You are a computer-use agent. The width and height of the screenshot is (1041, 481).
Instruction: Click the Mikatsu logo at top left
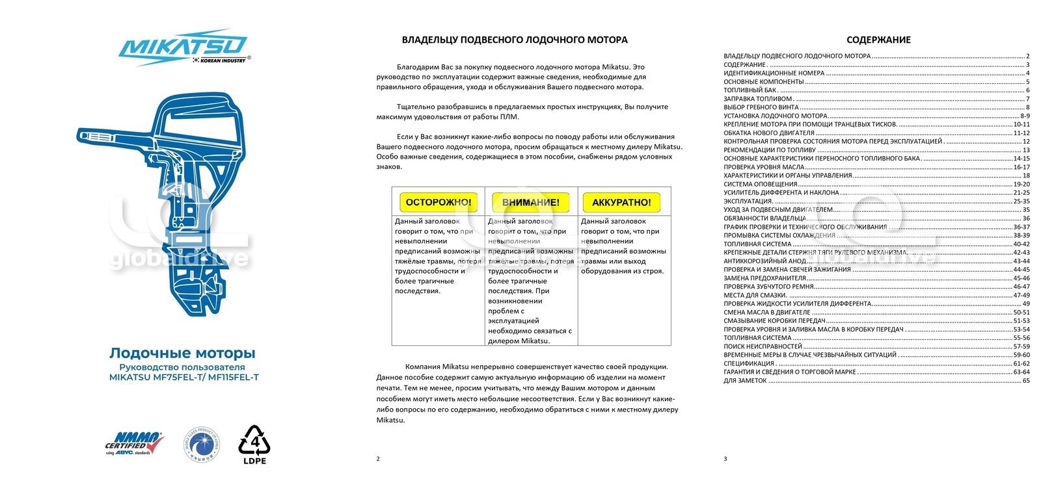click(x=183, y=46)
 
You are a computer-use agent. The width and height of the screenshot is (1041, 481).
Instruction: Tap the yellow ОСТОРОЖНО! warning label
click(x=439, y=202)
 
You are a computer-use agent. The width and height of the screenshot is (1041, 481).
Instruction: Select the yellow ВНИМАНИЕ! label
click(x=530, y=202)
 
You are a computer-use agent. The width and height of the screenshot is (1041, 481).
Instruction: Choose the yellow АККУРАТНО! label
click(x=621, y=202)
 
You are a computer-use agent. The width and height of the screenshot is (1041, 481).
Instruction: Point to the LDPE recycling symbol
click(x=254, y=445)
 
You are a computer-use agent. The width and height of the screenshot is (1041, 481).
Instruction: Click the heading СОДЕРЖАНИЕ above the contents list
click(x=878, y=40)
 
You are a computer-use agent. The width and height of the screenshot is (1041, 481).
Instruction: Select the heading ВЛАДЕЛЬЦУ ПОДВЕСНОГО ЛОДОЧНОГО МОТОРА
click(x=514, y=40)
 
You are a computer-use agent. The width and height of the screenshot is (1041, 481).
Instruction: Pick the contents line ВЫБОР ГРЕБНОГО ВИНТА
click(x=761, y=107)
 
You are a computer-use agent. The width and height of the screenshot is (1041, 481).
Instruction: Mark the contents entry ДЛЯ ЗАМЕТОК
click(x=745, y=380)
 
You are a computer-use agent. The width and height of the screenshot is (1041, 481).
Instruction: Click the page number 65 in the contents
click(x=1026, y=380)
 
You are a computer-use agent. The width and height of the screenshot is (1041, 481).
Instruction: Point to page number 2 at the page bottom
click(x=378, y=459)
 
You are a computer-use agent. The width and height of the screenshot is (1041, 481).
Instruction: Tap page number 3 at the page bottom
click(x=725, y=459)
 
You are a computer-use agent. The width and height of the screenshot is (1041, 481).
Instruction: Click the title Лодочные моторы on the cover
click(x=182, y=353)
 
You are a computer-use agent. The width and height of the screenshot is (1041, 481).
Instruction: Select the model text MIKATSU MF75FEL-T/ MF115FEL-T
click(x=183, y=377)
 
